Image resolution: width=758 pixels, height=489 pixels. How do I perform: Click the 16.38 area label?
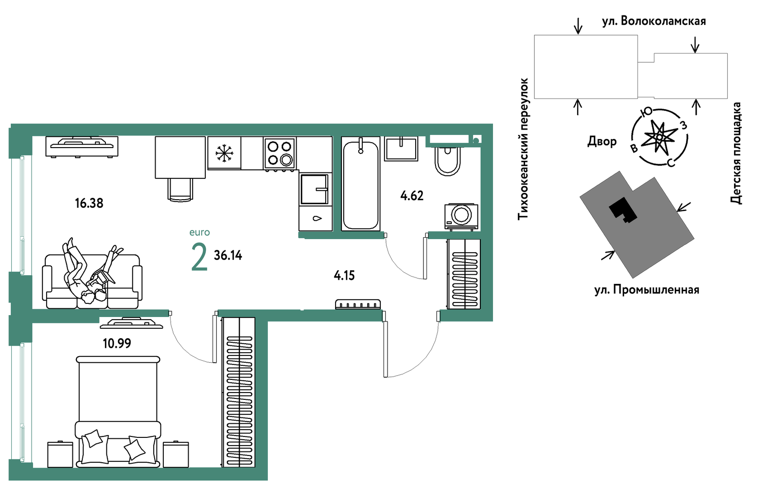89,203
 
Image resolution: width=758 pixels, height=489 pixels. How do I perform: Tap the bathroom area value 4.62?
412,196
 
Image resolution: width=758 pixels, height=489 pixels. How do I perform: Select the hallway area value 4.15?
344,275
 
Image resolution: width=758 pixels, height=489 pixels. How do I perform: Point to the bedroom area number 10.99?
117,343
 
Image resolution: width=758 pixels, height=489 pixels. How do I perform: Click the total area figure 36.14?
228,255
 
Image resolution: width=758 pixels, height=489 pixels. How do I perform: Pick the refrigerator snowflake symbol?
224,153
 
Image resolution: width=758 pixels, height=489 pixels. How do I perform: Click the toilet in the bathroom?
447,161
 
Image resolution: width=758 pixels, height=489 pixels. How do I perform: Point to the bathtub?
361,184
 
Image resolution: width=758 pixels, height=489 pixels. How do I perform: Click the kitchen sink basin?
314,189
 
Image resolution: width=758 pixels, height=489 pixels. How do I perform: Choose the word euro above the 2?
199,232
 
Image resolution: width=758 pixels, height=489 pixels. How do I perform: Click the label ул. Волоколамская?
654,21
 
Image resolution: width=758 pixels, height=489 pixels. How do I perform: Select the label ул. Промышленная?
647,290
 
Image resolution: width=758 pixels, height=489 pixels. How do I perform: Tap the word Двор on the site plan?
602,141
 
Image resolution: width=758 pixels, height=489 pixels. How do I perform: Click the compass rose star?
659,137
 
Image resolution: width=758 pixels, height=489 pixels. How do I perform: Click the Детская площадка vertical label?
736,153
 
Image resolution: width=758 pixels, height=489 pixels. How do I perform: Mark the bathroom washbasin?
401,149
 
